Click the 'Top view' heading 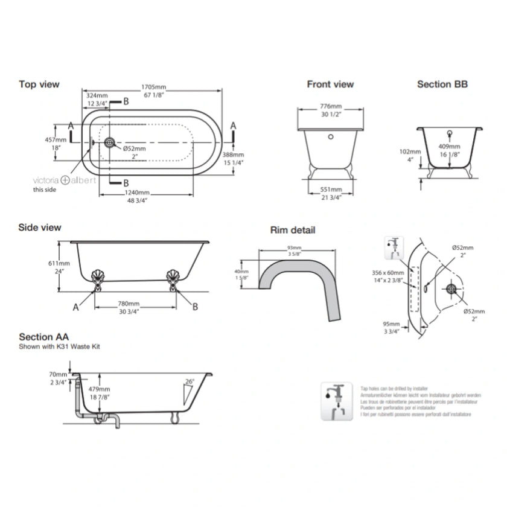pyautogui.click(x=39, y=84)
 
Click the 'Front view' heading pyautogui.click(x=330, y=84)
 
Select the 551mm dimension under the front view pyautogui.click(x=330, y=189)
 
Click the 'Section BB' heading pyautogui.click(x=442, y=84)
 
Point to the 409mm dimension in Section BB pyautogui.click(x=450, y=146)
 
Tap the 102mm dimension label pyautogui.click(x=410, y=151)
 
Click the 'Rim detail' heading pyautogui.click(x=292, y=230)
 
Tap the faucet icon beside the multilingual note pyautogui.click(x=334, y=400)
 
